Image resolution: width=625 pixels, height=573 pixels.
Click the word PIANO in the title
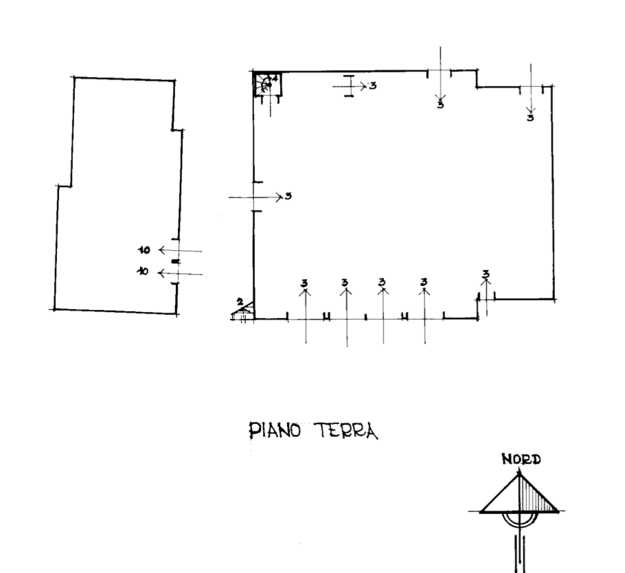(x=275, y=431)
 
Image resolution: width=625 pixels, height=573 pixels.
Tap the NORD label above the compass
(x=521, y=459)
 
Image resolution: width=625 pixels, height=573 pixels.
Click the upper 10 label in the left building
(x=144, y=250)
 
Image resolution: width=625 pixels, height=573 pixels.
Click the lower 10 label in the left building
(x=142, y=272)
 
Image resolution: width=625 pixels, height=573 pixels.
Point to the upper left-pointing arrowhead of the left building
(x=161, y=250)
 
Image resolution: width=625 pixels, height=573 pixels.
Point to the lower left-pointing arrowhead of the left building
(x=161, y=274)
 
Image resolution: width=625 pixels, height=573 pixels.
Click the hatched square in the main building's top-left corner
(x=266, y=85)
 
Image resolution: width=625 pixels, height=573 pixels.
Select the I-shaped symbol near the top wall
(x=349, y=86)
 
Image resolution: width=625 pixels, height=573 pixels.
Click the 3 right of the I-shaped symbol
(x=372, y=86)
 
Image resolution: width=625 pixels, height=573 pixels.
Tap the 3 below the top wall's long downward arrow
(x=440, y=104)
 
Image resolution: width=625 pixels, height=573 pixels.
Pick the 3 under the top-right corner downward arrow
(x=530, y=117)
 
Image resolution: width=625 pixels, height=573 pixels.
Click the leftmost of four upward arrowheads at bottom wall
(x=305, y=291)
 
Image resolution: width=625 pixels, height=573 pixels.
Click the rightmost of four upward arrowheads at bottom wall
(x=424, y=291)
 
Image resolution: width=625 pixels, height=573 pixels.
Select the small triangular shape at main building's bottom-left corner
(x=240, y=313)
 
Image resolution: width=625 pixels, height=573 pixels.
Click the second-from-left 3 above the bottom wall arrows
(x=345, y=282)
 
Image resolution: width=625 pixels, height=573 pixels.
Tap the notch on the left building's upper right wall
(x=178, y=128)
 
